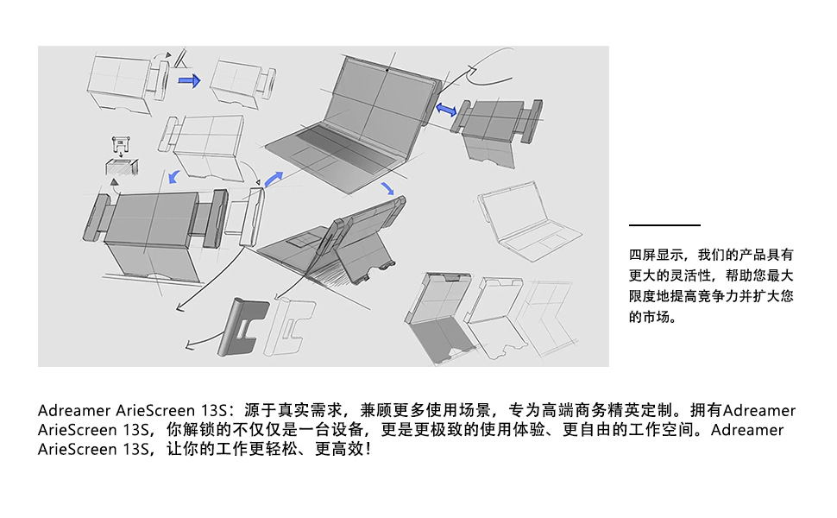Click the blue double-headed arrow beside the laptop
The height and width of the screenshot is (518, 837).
[x=447, y=111]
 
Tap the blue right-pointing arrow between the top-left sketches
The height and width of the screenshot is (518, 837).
[x=189, y=80]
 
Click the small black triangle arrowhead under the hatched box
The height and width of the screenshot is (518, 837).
[x=112, y=182]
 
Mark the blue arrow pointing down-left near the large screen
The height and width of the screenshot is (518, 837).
[x=173, y=177]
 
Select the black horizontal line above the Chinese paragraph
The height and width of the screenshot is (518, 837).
[x=664, y=225]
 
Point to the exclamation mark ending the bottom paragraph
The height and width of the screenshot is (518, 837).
[x=368, y=450]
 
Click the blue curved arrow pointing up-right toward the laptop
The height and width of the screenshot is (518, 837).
[x=272, y=179]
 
